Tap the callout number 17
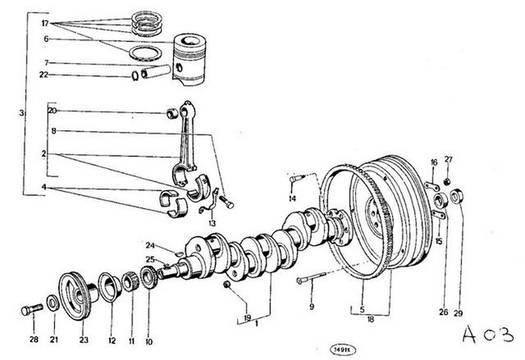(x=45, y=23)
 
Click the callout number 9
(x=312, y=307)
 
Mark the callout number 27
(x=449, y=159)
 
